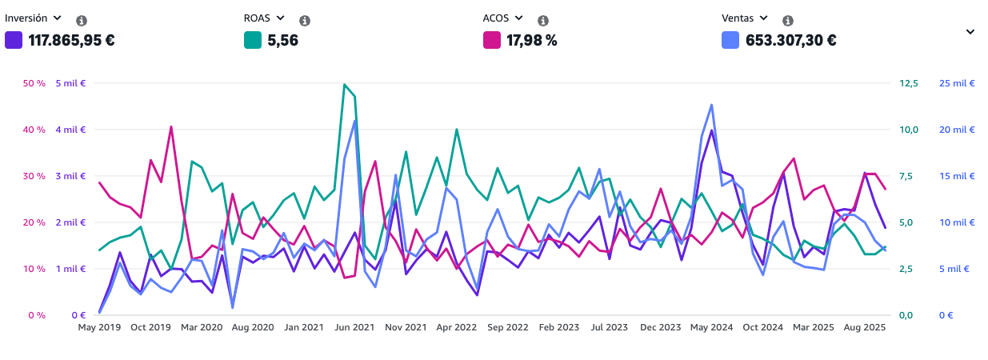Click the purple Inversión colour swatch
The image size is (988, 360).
point(14,39)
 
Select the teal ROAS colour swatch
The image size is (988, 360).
point(253,39)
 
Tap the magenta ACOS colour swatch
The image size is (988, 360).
point(491,39)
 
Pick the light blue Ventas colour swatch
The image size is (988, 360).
point(730,39)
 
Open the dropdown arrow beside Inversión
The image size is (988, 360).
point(57,18)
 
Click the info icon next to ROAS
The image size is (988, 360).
point(305,20)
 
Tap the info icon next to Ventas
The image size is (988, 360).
point(788,20)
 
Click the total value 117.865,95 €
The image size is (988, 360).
point(71,40)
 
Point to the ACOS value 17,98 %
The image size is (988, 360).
point(532,40)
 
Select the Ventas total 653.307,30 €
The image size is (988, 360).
point(791,40)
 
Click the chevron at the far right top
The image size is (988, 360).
point(970,32)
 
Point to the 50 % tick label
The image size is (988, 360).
point(34,83)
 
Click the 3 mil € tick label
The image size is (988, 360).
point(70,176)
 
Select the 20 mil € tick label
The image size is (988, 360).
point(956,130)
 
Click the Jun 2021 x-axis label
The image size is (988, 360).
point(354,327)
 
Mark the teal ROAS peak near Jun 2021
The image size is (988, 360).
point(345,84)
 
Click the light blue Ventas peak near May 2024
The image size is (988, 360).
point(711,105)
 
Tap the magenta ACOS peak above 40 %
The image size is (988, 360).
point(170,126)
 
